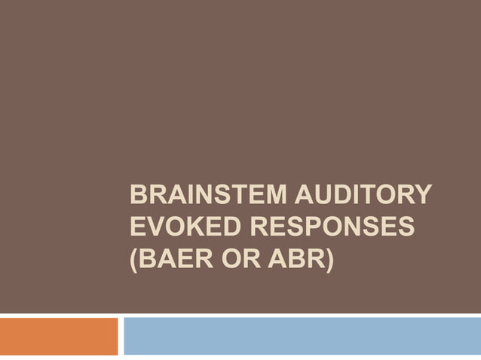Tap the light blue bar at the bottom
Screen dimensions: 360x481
302,336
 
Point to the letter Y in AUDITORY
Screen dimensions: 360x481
423,197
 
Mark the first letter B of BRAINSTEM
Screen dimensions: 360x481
138,197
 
